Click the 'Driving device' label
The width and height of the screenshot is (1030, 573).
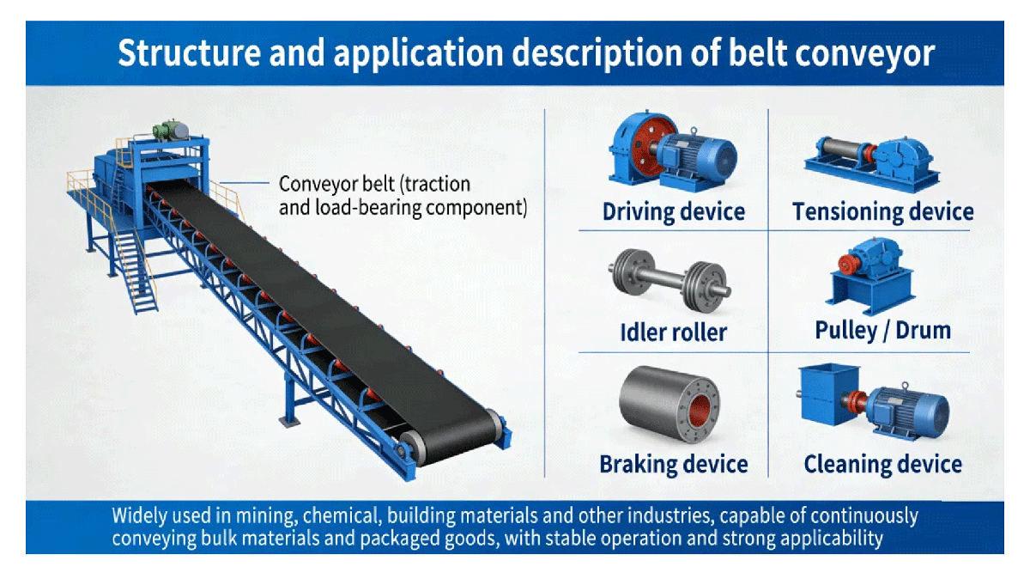point(673,211)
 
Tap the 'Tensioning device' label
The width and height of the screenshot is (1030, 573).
point(882,211)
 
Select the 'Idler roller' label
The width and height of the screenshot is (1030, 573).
point(673,332)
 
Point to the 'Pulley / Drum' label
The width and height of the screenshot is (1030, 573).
point(882,330)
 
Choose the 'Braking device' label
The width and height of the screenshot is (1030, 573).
point(673,465)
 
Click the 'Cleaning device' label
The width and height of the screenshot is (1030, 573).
point(882,465)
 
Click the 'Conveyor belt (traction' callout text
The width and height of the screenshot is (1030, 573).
point(374,184)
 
